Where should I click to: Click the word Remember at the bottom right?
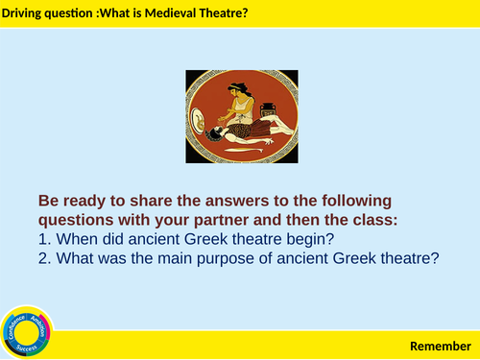click(x=441, y=346)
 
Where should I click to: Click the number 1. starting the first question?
click(x=44, y=239)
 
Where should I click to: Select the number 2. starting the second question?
click(x=44, y=258)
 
